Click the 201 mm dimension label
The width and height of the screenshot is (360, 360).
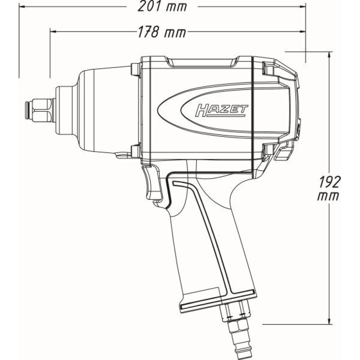(162, 7)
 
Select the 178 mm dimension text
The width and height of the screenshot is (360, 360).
(162, 32)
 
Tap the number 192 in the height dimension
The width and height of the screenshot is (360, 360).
(329, 182)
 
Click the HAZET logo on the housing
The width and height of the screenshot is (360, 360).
(221, 111)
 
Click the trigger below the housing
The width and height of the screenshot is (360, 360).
(152, 183)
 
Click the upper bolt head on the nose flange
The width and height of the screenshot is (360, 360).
(135, 69)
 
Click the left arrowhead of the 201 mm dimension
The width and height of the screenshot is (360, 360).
(22, 6)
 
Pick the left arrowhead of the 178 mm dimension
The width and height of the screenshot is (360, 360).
(53, 31)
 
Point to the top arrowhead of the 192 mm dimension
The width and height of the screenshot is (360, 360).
(329, 55)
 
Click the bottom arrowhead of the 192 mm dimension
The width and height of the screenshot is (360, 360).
(329, 321)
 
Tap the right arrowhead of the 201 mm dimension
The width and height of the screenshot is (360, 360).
(302, 6)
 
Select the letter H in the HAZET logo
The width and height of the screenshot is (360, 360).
(201, 111)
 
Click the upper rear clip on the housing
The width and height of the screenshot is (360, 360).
(268, 68)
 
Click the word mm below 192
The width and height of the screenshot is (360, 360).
(328, 197)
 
